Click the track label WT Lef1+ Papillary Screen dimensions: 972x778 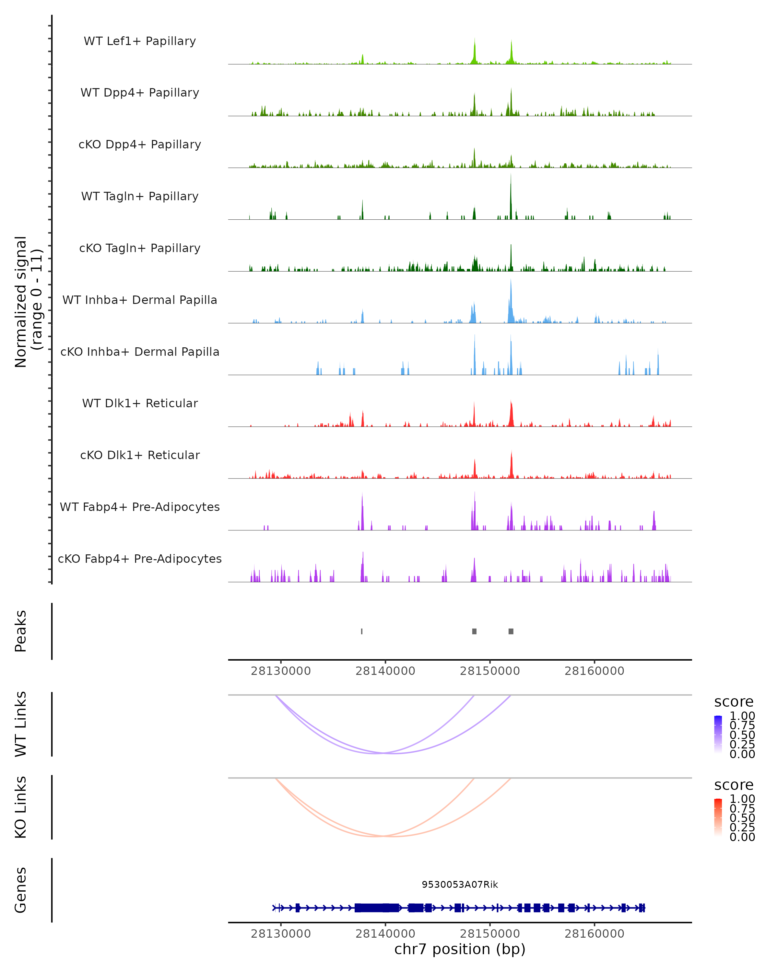pos(140,41)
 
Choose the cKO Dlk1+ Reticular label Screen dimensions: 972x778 pos(140,455)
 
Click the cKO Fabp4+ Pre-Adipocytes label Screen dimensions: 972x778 pos(140,559)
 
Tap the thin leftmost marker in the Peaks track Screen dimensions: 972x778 pos(362,631)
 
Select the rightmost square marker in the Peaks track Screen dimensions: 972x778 pos(511,631)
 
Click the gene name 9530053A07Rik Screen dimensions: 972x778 pos(460,885)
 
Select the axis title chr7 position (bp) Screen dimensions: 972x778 pos(460,949)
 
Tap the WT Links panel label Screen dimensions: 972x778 pos(21,724)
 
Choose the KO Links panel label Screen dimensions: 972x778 pos(21,807)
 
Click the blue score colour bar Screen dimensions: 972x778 pos(718,735)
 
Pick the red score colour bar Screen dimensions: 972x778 pos(718,817)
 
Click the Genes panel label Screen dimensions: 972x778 pos(21,890)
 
